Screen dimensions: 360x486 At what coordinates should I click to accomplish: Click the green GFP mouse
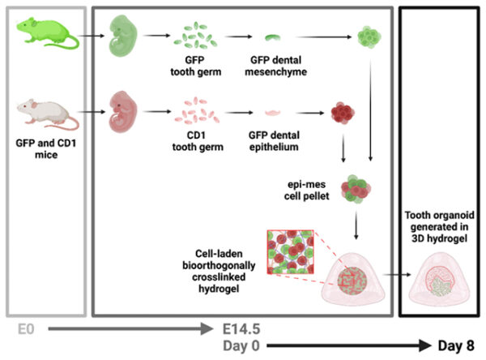(x=44, y=36)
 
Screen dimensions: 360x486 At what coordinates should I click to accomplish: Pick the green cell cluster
(x=370, y=37)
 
